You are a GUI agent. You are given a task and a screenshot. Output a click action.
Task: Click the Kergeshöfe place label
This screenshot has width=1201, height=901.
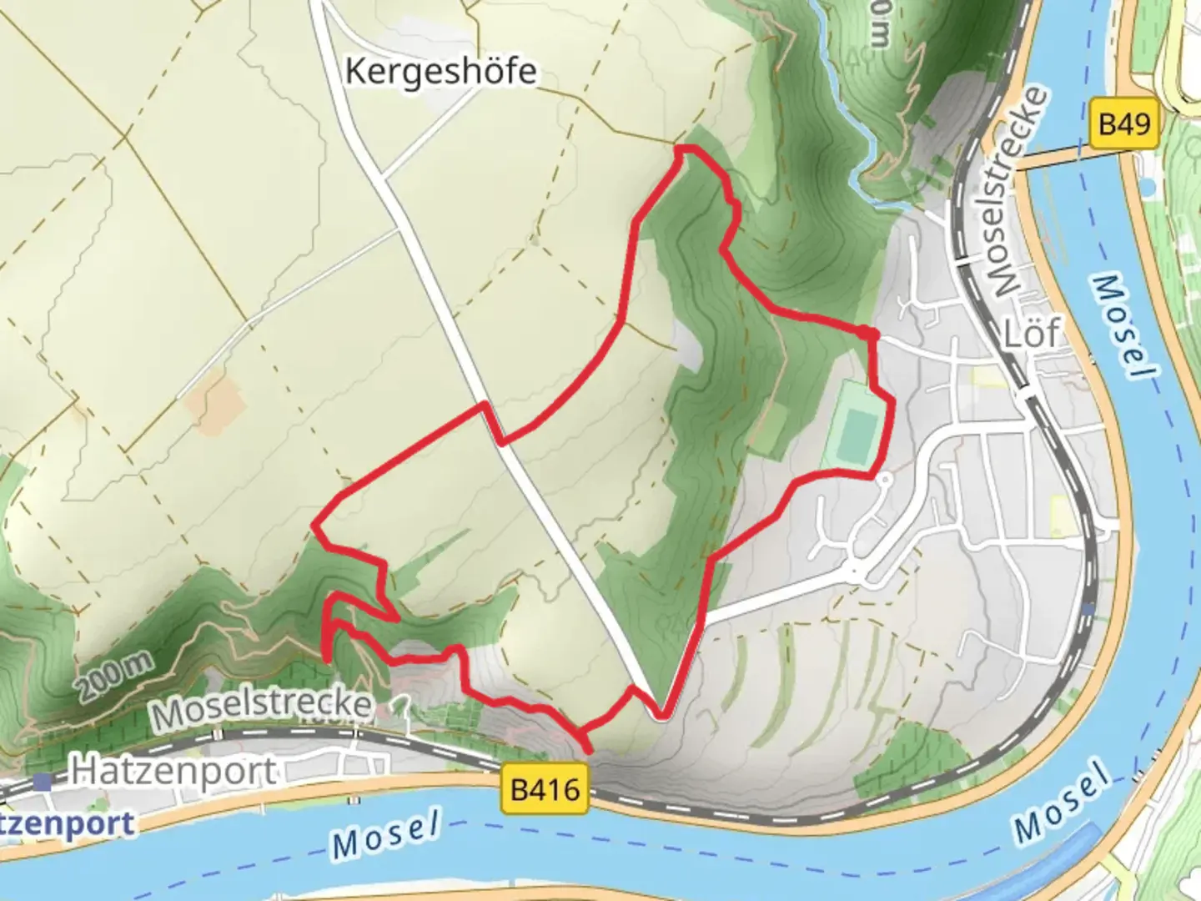click(x=440, y=72)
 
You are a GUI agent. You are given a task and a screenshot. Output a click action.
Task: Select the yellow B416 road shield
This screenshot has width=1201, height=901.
click(x=545, y=789)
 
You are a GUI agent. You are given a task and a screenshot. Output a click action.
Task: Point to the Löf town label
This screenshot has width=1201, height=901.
click(x=1033, y=334)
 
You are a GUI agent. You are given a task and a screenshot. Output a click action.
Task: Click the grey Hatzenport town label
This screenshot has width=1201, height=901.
click(x=173, y=771)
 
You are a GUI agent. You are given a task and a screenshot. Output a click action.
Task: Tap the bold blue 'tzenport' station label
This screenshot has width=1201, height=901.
click(x=67, y=824)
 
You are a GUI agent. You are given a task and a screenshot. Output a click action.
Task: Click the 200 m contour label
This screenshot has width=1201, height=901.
click(x=117, y=676)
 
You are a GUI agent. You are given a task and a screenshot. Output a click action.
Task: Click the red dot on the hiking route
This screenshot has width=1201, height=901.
click(x=870, y=335)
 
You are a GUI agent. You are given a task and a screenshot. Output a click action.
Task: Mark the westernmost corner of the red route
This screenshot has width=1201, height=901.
click(x=315, y=525)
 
